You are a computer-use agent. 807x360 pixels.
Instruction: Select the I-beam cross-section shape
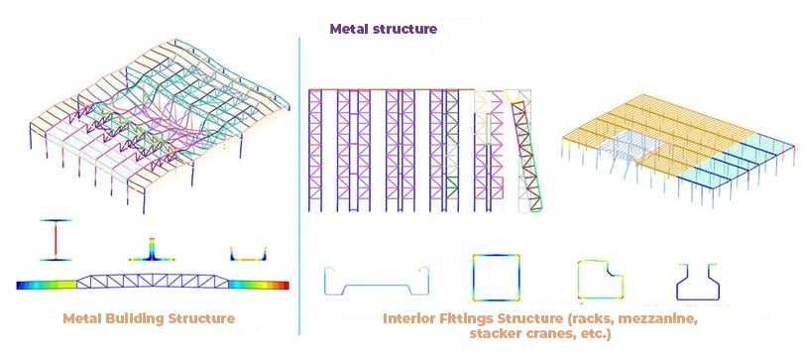tap(56, 240)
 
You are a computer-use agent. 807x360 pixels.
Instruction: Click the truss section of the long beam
tap(153, 281)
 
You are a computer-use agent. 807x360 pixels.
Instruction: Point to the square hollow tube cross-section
tap(496, 277)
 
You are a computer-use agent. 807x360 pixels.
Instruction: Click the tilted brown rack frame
tap(527, 156)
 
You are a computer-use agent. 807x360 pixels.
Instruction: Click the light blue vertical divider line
tap(299, 185)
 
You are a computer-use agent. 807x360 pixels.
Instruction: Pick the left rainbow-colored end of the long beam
tap(47, 285)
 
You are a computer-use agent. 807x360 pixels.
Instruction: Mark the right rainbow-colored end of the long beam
tap(259, 285)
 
